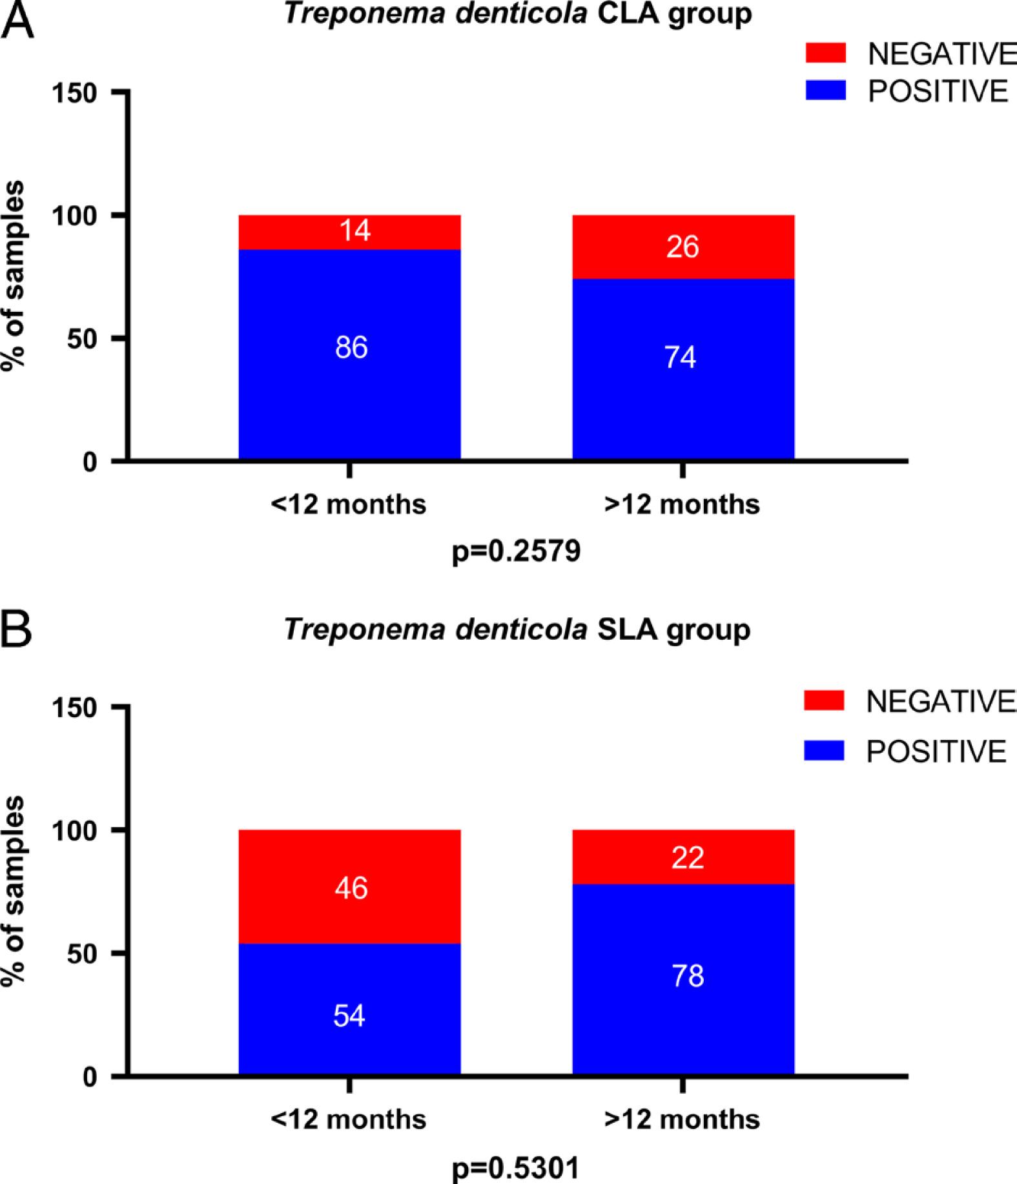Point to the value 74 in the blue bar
(x=681, y=358)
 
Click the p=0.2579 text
(x=516, y=552)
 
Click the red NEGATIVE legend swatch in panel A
(x=825, y=53)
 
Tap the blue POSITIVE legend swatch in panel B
(x=824, y=751)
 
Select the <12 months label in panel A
(x=349, y=504)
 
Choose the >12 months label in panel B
(x=682, y=1119)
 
